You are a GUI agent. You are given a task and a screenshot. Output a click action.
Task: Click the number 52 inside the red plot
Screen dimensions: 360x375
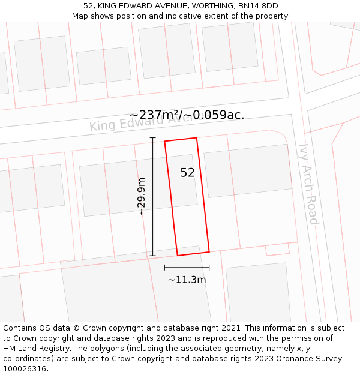pos(187,173)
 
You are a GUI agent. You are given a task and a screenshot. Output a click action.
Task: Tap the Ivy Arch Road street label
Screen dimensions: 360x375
pos(308,184)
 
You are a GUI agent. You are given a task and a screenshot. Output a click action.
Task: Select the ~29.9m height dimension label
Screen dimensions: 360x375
pos(142,196)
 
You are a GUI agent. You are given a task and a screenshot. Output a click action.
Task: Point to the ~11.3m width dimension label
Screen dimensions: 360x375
pos(187,280)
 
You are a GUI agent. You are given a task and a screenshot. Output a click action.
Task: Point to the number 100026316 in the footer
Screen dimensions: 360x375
pos(23,369)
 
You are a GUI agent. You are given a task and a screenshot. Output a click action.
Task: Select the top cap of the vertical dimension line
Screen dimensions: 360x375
pos(152,138)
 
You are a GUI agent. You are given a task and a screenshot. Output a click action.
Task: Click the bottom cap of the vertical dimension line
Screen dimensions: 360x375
pos(152,256)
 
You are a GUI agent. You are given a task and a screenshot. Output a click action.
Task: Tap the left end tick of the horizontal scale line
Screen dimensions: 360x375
pos(164,268)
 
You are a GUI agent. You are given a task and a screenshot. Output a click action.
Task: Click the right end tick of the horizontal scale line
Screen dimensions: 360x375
pos(209,268)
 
